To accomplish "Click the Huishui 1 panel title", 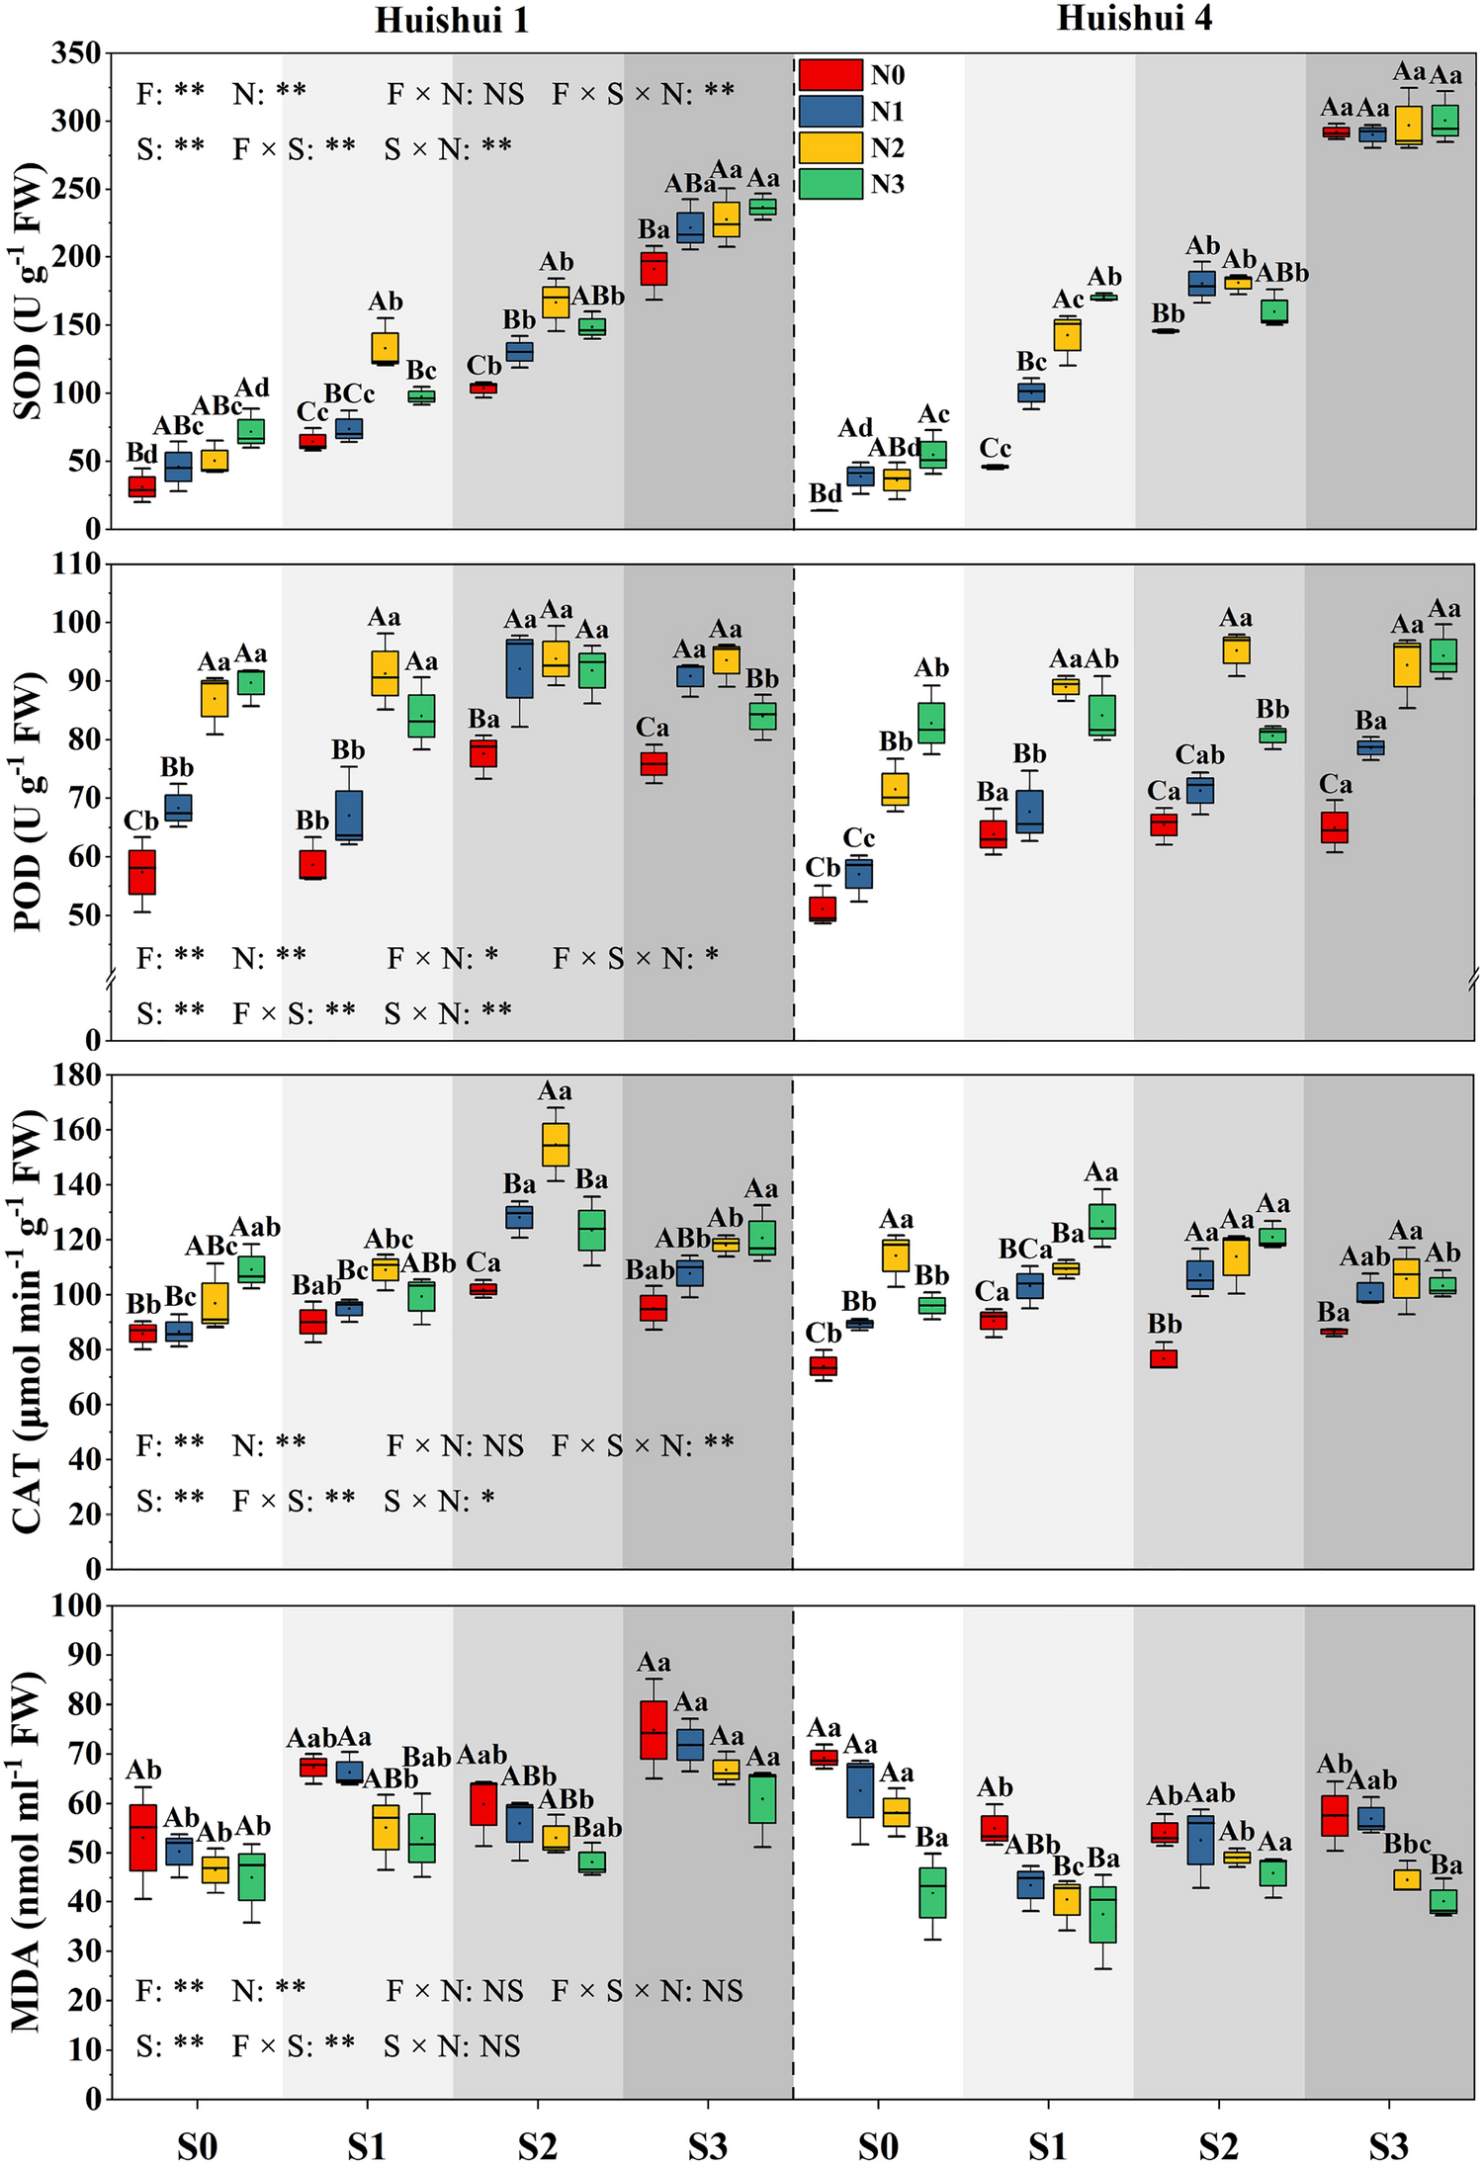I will pyautogui.click(x=451, y=20).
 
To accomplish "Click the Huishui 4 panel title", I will pyautogui.click(x=1133, y=18).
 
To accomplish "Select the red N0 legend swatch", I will pyautogui.click(x=829, y=75).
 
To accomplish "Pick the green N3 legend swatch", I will pyautogui.click(x=829, y=184).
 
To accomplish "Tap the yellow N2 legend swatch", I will pyautogui.click(x=829, y=147).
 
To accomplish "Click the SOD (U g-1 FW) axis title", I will pyautogui.click(x=30, y=292).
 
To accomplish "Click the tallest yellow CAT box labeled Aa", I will pyautogui.click(x=556, y=1145).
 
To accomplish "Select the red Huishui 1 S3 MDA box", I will pyautogui.click(x=654, y=1730).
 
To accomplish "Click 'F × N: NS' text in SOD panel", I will pyautogui.click(x=455, y=94).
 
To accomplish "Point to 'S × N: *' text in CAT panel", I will pyautogui.click(x=439, y=1501).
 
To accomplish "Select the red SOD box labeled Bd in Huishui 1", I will pyautogui.click(x=142, y=486).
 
